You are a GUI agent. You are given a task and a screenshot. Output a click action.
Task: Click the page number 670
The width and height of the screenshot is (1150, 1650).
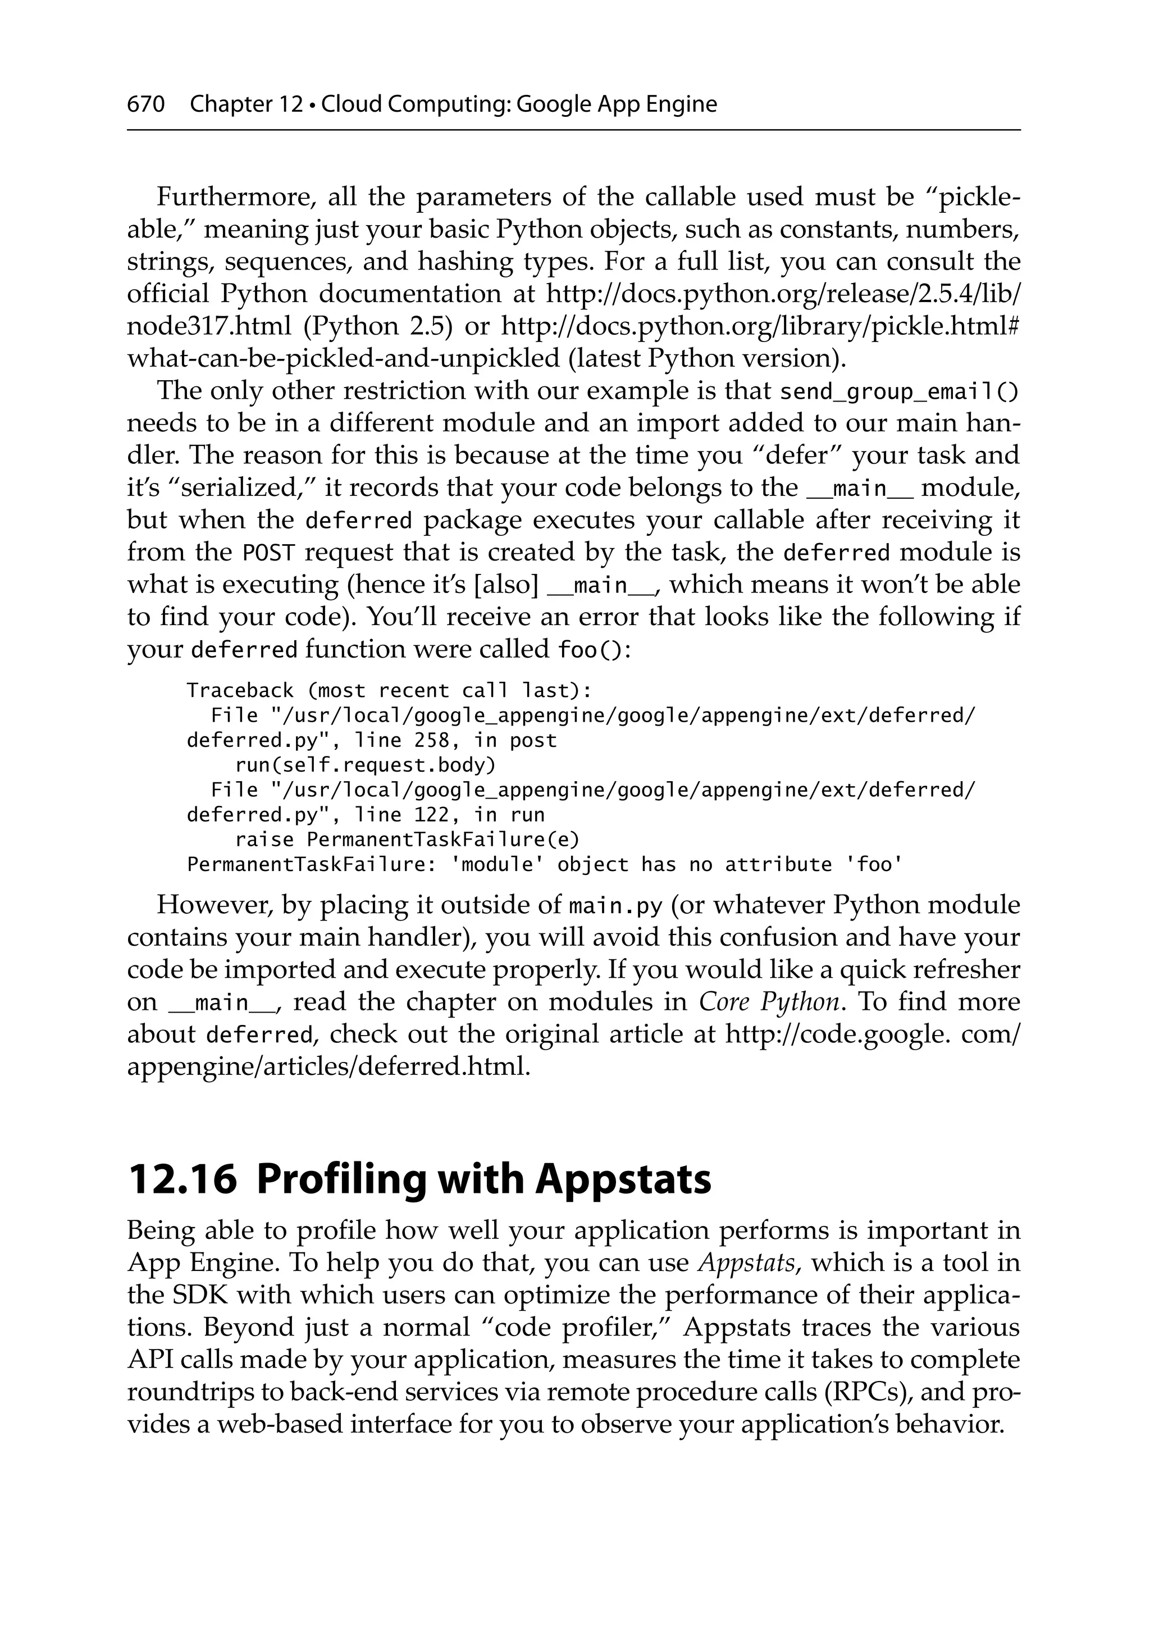(146, 104)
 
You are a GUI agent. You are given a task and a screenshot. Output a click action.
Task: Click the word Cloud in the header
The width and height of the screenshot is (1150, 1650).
(352, 104)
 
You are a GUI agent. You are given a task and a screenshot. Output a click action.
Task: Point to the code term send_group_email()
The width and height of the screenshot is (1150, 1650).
(898, 393)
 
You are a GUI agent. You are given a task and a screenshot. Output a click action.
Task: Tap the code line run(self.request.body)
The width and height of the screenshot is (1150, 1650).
(365, 765)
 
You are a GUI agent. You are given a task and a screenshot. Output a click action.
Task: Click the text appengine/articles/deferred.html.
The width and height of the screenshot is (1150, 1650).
(328, 1066)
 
